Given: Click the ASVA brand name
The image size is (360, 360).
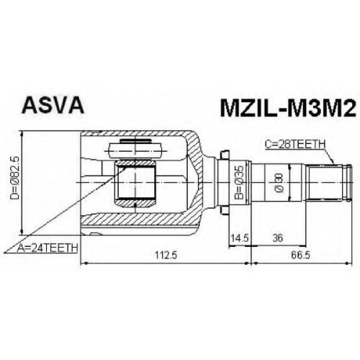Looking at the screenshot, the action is point(53,105).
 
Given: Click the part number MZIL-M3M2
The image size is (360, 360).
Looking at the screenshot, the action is point(287,108).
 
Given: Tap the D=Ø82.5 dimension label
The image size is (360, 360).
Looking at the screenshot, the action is point(14,178).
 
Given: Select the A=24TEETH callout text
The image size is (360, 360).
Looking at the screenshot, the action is point(48,248).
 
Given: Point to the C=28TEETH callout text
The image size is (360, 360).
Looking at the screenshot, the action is point(295,145).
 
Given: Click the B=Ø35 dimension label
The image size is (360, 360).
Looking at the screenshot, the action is point(239,182).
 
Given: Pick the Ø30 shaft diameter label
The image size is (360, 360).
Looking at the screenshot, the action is point(279,183).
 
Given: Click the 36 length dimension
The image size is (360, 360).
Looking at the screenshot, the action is point(278,238).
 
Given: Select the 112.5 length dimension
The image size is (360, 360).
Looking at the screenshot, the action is point(166,255).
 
